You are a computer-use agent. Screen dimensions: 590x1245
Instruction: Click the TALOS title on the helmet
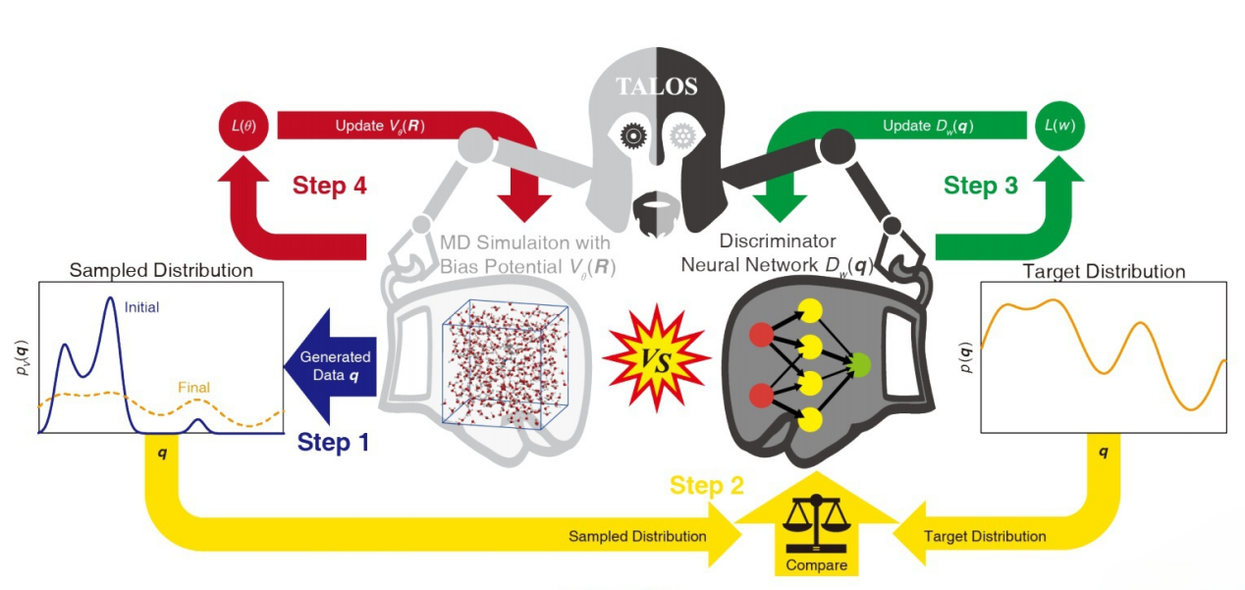coord(656,86)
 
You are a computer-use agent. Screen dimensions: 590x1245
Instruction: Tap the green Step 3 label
coord(980,185)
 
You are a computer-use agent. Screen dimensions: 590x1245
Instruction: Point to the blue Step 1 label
coord(333,443)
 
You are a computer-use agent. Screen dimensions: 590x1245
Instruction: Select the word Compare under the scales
coord(816,565)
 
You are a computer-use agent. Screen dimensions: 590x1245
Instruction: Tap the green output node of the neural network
coord(861,367)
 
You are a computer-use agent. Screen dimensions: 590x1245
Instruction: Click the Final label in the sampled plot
coord(193,388)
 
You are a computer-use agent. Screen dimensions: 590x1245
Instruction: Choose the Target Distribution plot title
coord(1104,271)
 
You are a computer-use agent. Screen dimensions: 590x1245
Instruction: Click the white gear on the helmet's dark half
coord(681,135)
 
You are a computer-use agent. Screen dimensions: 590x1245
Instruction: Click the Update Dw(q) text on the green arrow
coord(928,126)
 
